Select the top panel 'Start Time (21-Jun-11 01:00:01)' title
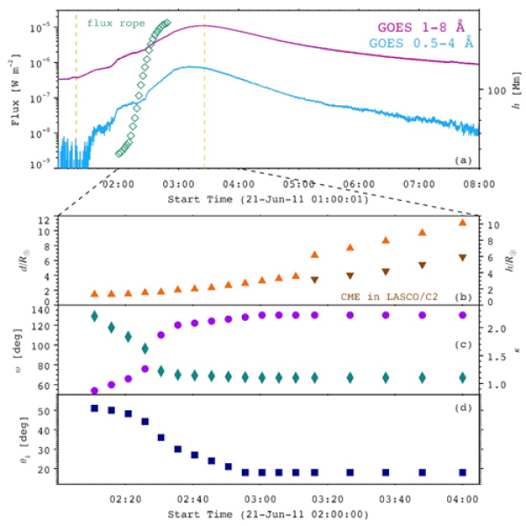267,200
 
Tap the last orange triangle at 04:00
463,223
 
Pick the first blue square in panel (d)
95,409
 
